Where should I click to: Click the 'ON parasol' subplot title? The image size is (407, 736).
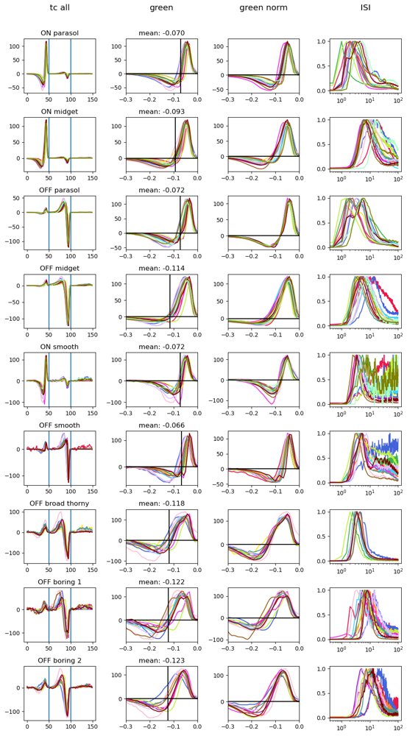pyautogui.click(x=60, y=34)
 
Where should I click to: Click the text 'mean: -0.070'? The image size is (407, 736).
pyautogui.click(x=161, y=34)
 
